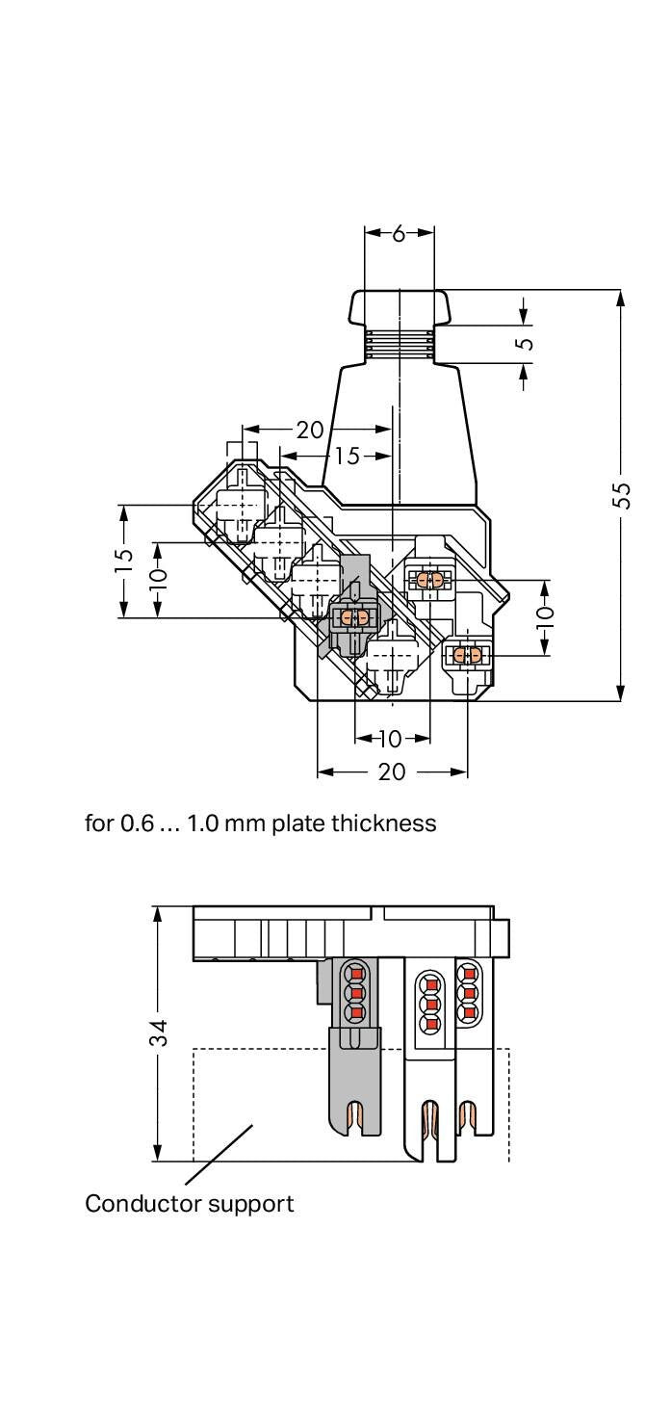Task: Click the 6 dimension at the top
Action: [x=400, y=234]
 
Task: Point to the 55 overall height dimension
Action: [x=621, y=495]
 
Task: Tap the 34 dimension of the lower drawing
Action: [x=159, y=1032]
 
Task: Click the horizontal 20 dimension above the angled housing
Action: [x=310, y=431]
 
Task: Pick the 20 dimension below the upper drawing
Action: [x=392, y=771]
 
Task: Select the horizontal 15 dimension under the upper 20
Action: [x=347, y=457]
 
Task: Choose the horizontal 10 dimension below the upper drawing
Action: [x=390, y=739]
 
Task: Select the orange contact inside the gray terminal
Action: [x=354, y=618]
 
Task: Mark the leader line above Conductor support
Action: [x=219, y=1154]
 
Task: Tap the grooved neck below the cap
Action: [x=400, y=344]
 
